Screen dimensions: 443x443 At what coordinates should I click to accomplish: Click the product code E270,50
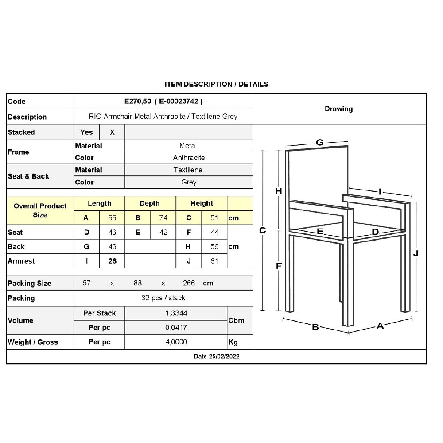click(138, 101)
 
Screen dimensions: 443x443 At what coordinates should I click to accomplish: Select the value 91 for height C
click(214, 218)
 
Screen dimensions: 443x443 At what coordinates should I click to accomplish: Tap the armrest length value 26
click(112, 261)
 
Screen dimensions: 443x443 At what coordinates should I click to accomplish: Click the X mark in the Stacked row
click(112, 132)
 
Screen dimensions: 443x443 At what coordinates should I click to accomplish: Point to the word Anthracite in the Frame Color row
click(189, 158)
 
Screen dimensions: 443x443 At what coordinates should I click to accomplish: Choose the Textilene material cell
click(188, 170)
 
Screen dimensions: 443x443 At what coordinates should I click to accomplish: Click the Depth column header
click(150, 203)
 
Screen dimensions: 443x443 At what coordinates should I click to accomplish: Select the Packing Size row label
click(29, 283)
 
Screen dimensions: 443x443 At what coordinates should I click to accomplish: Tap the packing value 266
click(189, 283)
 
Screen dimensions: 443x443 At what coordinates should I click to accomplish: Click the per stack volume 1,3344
click(176, 313)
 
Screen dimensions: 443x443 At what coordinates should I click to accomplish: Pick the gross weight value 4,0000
click(176, 342)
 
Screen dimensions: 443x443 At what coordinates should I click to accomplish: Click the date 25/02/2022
click(224, 356)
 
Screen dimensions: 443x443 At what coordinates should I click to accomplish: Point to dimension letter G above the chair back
click(319, 142)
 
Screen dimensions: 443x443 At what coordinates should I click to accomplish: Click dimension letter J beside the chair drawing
click(416, 253)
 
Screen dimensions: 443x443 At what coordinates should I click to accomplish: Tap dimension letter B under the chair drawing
click(315, 327)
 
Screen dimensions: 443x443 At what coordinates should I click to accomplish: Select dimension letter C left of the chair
click(262, 230)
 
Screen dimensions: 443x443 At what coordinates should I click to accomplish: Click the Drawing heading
click(339, 109)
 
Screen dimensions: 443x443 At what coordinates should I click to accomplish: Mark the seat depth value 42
click(163, 232)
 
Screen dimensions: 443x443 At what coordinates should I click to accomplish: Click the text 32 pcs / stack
click(163, 298)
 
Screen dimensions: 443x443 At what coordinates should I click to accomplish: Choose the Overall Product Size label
click(40, 210)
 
